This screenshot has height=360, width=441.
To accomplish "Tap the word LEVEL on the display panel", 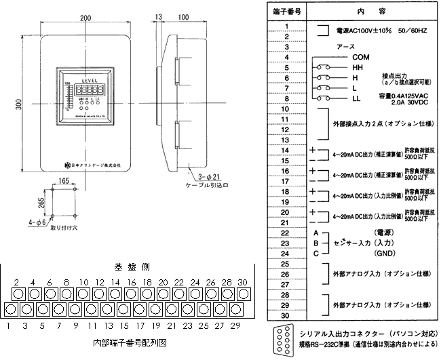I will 91,80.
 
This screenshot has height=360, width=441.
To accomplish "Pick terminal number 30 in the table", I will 288,315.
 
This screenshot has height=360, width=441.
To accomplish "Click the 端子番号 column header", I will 288,11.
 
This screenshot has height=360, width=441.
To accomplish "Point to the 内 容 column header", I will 370,11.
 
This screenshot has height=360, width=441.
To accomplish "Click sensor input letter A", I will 315,232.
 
